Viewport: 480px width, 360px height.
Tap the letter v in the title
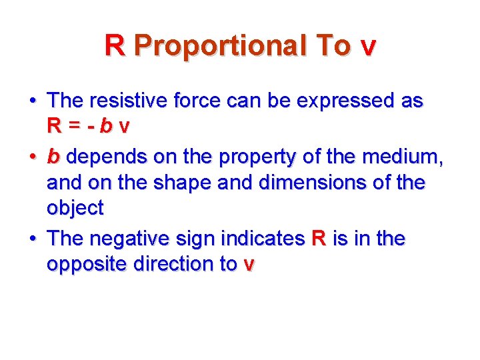367,47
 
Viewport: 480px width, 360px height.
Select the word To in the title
333,46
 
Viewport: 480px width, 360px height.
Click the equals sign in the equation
79,125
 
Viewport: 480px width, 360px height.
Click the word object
75,208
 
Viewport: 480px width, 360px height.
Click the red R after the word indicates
319,238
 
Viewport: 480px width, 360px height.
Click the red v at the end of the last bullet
249,265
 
